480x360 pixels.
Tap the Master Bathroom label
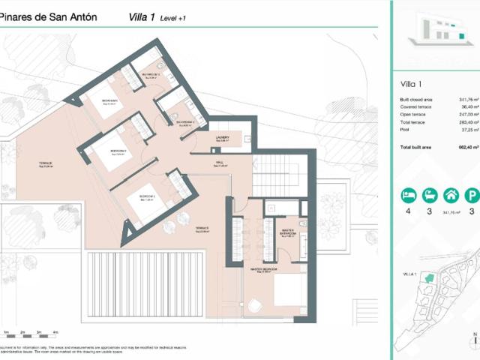coord(286,232)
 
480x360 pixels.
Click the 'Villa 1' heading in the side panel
coord(412,84)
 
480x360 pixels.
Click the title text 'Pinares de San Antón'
coord(49,17)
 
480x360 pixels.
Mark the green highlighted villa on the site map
coord(428,278)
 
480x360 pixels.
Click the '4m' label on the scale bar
coord(55,332)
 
